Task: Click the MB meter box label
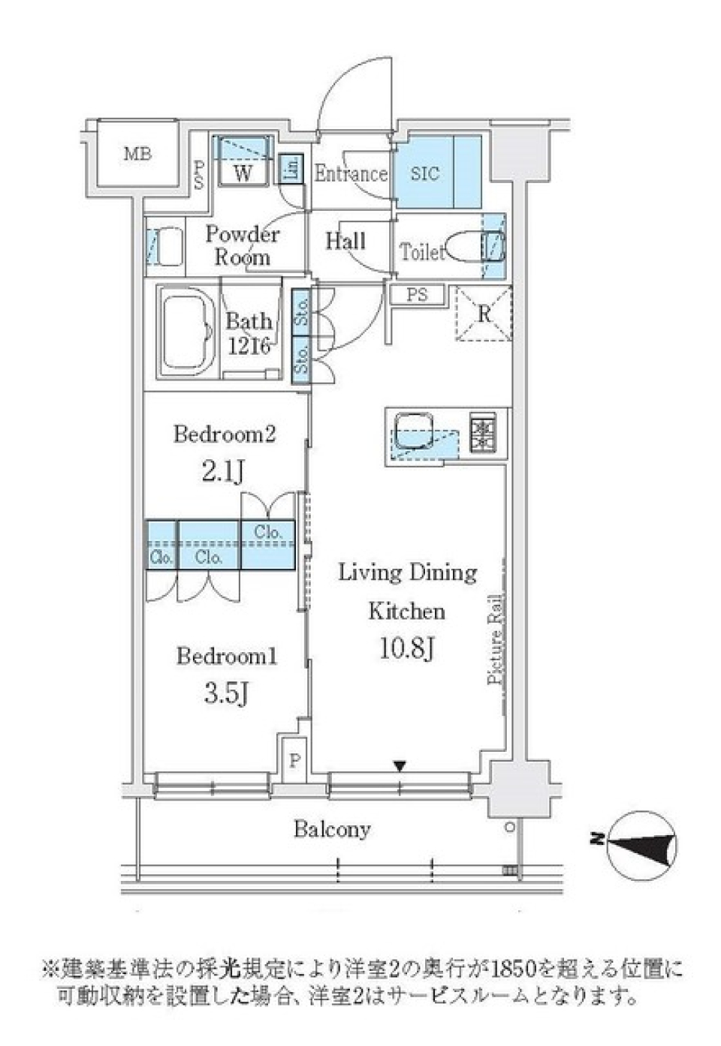(138, 155)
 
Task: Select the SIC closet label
(425, 173)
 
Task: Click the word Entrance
(350, 174)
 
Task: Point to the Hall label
(345, 241)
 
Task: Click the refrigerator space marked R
(484, 314)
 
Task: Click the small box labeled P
(294, 762)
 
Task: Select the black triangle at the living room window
(401, 766)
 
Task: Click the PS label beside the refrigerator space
(417, 294)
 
